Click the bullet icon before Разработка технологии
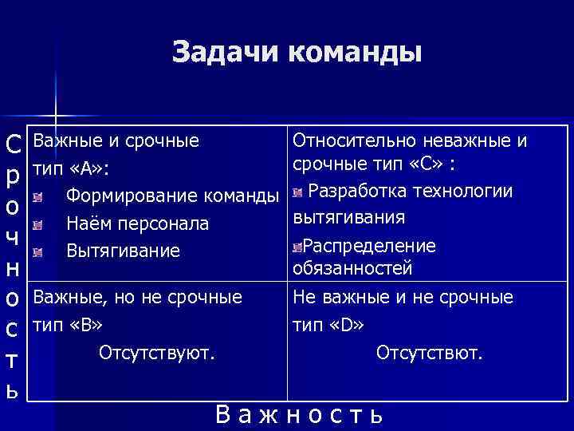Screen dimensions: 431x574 tap(297, 192)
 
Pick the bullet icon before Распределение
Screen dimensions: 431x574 tap(297, 247)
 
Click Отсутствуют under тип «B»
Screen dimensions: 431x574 tap(156, 351)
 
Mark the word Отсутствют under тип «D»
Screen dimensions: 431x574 tap(429, 351)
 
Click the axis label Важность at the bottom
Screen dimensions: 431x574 tap(300, 415)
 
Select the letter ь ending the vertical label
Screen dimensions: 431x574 tap(13, 392)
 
